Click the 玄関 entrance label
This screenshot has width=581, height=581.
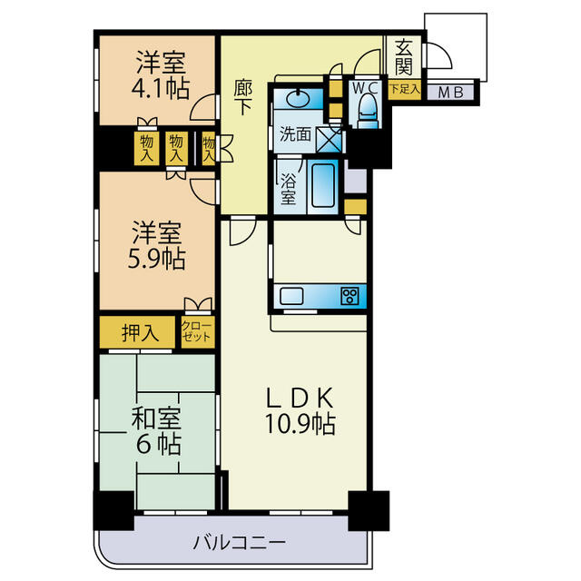click(x=403, y=57)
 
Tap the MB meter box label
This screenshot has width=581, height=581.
click(x=450, y=93)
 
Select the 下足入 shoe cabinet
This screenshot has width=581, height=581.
click(x=405, y=90)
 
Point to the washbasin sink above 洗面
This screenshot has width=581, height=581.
click(x=299, y=99)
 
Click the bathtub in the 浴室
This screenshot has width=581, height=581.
click(x=323, y=186)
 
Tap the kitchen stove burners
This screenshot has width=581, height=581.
click(x=350, y=296)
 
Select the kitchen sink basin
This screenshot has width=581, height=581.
click(x=291, y=296)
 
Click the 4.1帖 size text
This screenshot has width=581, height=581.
click(x=161, y=88)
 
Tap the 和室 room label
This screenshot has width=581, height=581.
click(x=156, y=419)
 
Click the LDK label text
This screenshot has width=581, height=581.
click(x=300, y=398)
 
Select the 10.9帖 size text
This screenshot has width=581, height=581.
click(x=300, y=424)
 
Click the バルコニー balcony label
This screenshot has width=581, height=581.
click(x=240, y=543)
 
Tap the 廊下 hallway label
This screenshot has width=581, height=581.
click(x=243, y=98)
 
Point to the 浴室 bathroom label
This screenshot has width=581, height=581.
click(x=288, y=189)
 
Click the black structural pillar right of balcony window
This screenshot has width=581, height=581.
click(x=369, y=510)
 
